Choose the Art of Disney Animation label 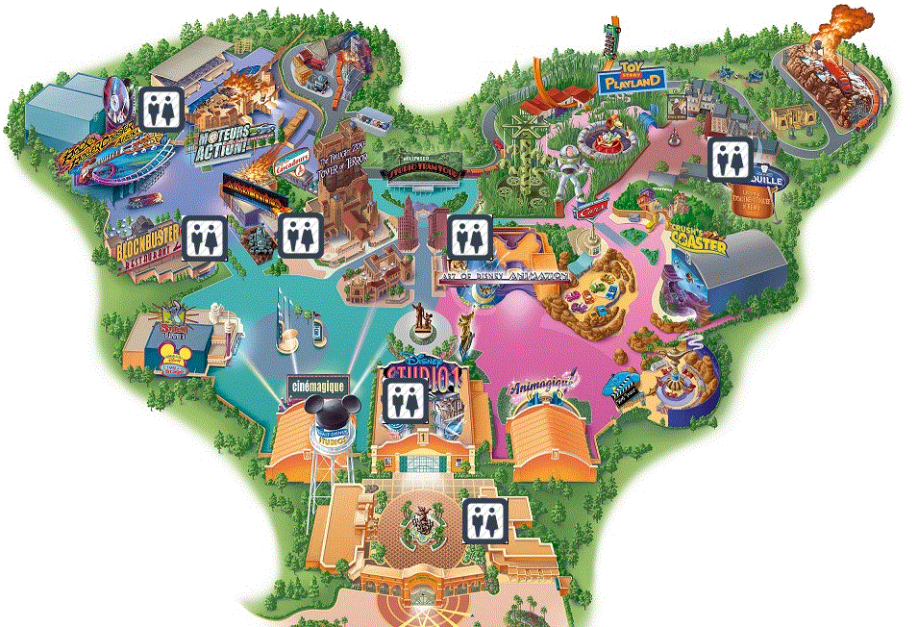coord(505,274)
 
